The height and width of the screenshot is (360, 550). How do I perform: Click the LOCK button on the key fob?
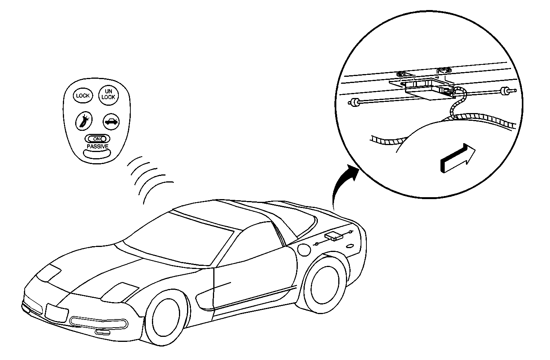pyautogui.click(x=83, y=96)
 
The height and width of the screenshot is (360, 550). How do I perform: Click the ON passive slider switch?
pyautogui.click(x=97, y=139)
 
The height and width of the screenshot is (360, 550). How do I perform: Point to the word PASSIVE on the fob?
pyautogui.click(x=98, y=147)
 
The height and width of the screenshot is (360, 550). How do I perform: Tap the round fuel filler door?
pyautogui.click(x=304, y=250)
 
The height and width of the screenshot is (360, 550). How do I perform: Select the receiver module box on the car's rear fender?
pyautogui.click(x=334, y=236)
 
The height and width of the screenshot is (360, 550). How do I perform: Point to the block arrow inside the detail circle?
pyautogui.click(x=457, y=158)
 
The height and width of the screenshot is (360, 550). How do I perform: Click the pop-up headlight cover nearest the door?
pyautogui.click(x=120, y=292)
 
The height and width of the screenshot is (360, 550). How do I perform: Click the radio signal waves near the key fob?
pyautogui.click(x=149, y=180)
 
